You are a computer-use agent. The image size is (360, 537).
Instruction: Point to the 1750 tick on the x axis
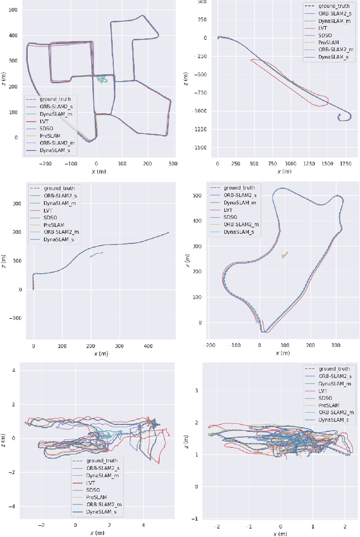click(x=344, y=163)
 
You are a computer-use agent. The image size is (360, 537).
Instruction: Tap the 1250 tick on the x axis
click(x=308, y=163)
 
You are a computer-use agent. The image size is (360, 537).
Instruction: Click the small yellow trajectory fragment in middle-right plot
click(x=285, y=255)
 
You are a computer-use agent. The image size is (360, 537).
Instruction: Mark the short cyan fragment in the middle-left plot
click(x=96, y=255)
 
